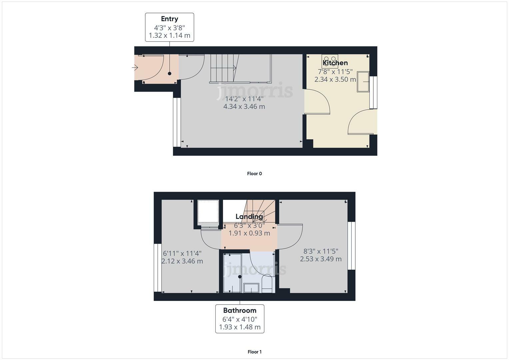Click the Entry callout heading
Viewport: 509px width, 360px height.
[169, 19]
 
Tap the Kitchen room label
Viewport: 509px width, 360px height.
[335, 63]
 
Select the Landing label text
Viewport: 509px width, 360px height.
[249, 216]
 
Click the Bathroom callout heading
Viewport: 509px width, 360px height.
[240, 311]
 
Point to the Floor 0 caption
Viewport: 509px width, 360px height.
[254, 173]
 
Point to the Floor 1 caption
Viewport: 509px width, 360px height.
[254, 352]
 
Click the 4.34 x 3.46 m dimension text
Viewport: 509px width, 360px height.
[244, 107]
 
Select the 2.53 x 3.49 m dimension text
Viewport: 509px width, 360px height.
[321, 259]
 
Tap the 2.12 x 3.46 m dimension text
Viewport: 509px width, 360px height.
[182, 261]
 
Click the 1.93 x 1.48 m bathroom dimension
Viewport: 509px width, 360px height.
[240, 327]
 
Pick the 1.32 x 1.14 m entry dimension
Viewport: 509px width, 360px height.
[169, 35]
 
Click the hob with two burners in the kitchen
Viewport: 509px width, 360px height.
[330, 61]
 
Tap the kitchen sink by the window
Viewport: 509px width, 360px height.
[363, 82]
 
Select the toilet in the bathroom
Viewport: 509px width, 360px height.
[267, 284]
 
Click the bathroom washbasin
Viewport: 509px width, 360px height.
[251, 288]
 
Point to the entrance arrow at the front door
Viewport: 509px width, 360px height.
[135, 68]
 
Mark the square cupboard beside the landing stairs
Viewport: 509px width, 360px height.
[208, 211]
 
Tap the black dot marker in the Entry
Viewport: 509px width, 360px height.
[169, 74]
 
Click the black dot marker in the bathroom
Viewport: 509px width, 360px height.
[240, 277]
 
